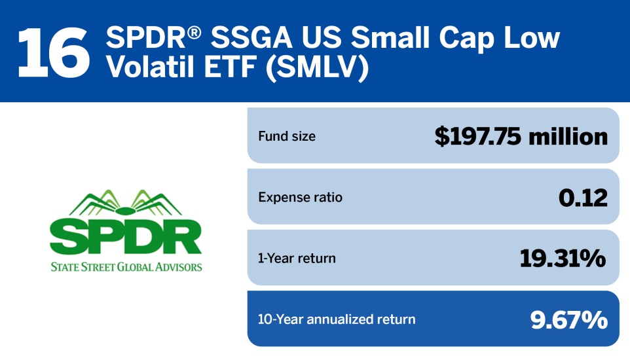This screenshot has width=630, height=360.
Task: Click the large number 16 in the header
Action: (x=53, y=50)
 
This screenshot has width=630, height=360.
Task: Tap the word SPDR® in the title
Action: (x=149, y=38)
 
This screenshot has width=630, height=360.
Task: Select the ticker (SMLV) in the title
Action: (x=313, y=69)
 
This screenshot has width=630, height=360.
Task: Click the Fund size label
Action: (x=287, y=136)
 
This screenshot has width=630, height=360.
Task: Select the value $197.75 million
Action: (x=521, y=136)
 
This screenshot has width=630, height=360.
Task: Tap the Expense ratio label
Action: (x=300, y=197)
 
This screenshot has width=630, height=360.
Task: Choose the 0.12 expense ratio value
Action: (x=583, y=197)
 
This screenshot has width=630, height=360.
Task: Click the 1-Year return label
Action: (x=297, y=258)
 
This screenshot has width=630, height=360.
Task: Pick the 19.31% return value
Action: (x=563, y=258)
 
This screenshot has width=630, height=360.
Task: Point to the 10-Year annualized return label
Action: (x=337, y=319)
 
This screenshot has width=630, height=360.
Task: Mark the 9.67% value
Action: (x=568, y=319)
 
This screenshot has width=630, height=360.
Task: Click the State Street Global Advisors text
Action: (x=126, y=266)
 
